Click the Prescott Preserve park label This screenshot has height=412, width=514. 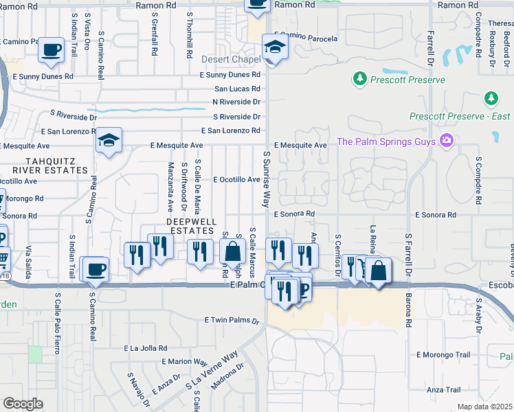point(407,80)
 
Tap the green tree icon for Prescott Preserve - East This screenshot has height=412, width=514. point(491,99)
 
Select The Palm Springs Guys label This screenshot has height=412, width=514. point(386,142)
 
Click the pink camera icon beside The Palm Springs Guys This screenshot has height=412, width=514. point(447,141)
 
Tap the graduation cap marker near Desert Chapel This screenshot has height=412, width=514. point(275,48)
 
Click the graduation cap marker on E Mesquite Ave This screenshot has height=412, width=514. point(109,141)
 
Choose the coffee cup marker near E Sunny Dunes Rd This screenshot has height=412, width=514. point(52,50)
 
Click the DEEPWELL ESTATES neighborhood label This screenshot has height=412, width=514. point(192,227)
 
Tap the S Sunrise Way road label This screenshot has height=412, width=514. point(265,179)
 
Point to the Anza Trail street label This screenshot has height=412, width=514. point(443,390)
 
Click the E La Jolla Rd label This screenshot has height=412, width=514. point(146,348)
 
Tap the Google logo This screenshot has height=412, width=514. point(23,404)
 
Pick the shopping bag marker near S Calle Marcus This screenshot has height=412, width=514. point(233,252)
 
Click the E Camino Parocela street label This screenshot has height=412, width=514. point(306,37)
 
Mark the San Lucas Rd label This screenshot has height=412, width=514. point(237,89)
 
